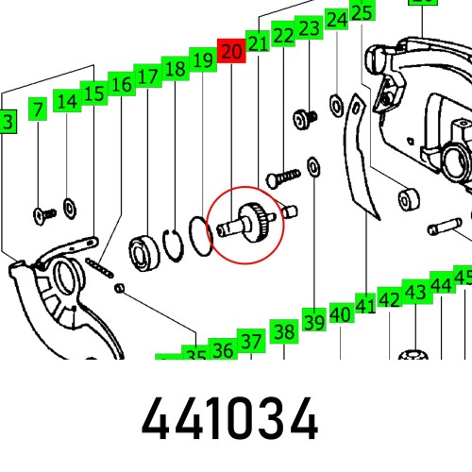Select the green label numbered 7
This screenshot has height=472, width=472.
(37, 110)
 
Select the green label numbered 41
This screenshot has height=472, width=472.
(365, 305)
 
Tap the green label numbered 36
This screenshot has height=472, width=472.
(223, 351)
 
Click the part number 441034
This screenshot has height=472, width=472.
(231, 420)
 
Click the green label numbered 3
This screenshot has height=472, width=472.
(7, 122)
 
